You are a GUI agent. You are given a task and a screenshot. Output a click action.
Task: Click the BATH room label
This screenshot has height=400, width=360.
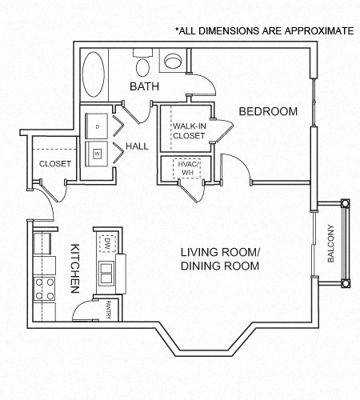(x=145, y=86)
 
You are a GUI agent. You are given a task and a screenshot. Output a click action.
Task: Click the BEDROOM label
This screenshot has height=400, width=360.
(x=269, y=110)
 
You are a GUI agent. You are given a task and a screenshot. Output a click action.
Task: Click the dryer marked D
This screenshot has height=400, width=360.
(x=98, y=126)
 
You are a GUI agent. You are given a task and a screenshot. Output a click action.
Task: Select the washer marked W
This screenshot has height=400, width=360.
(x=98, y=152)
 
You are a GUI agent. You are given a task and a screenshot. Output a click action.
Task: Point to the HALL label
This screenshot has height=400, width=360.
(x=138, y=147)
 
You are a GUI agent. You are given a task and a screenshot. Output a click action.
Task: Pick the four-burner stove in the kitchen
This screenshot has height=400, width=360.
(x=42, y=290)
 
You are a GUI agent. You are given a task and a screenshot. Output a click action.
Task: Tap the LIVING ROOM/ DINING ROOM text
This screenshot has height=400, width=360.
(x=220, y=259)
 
